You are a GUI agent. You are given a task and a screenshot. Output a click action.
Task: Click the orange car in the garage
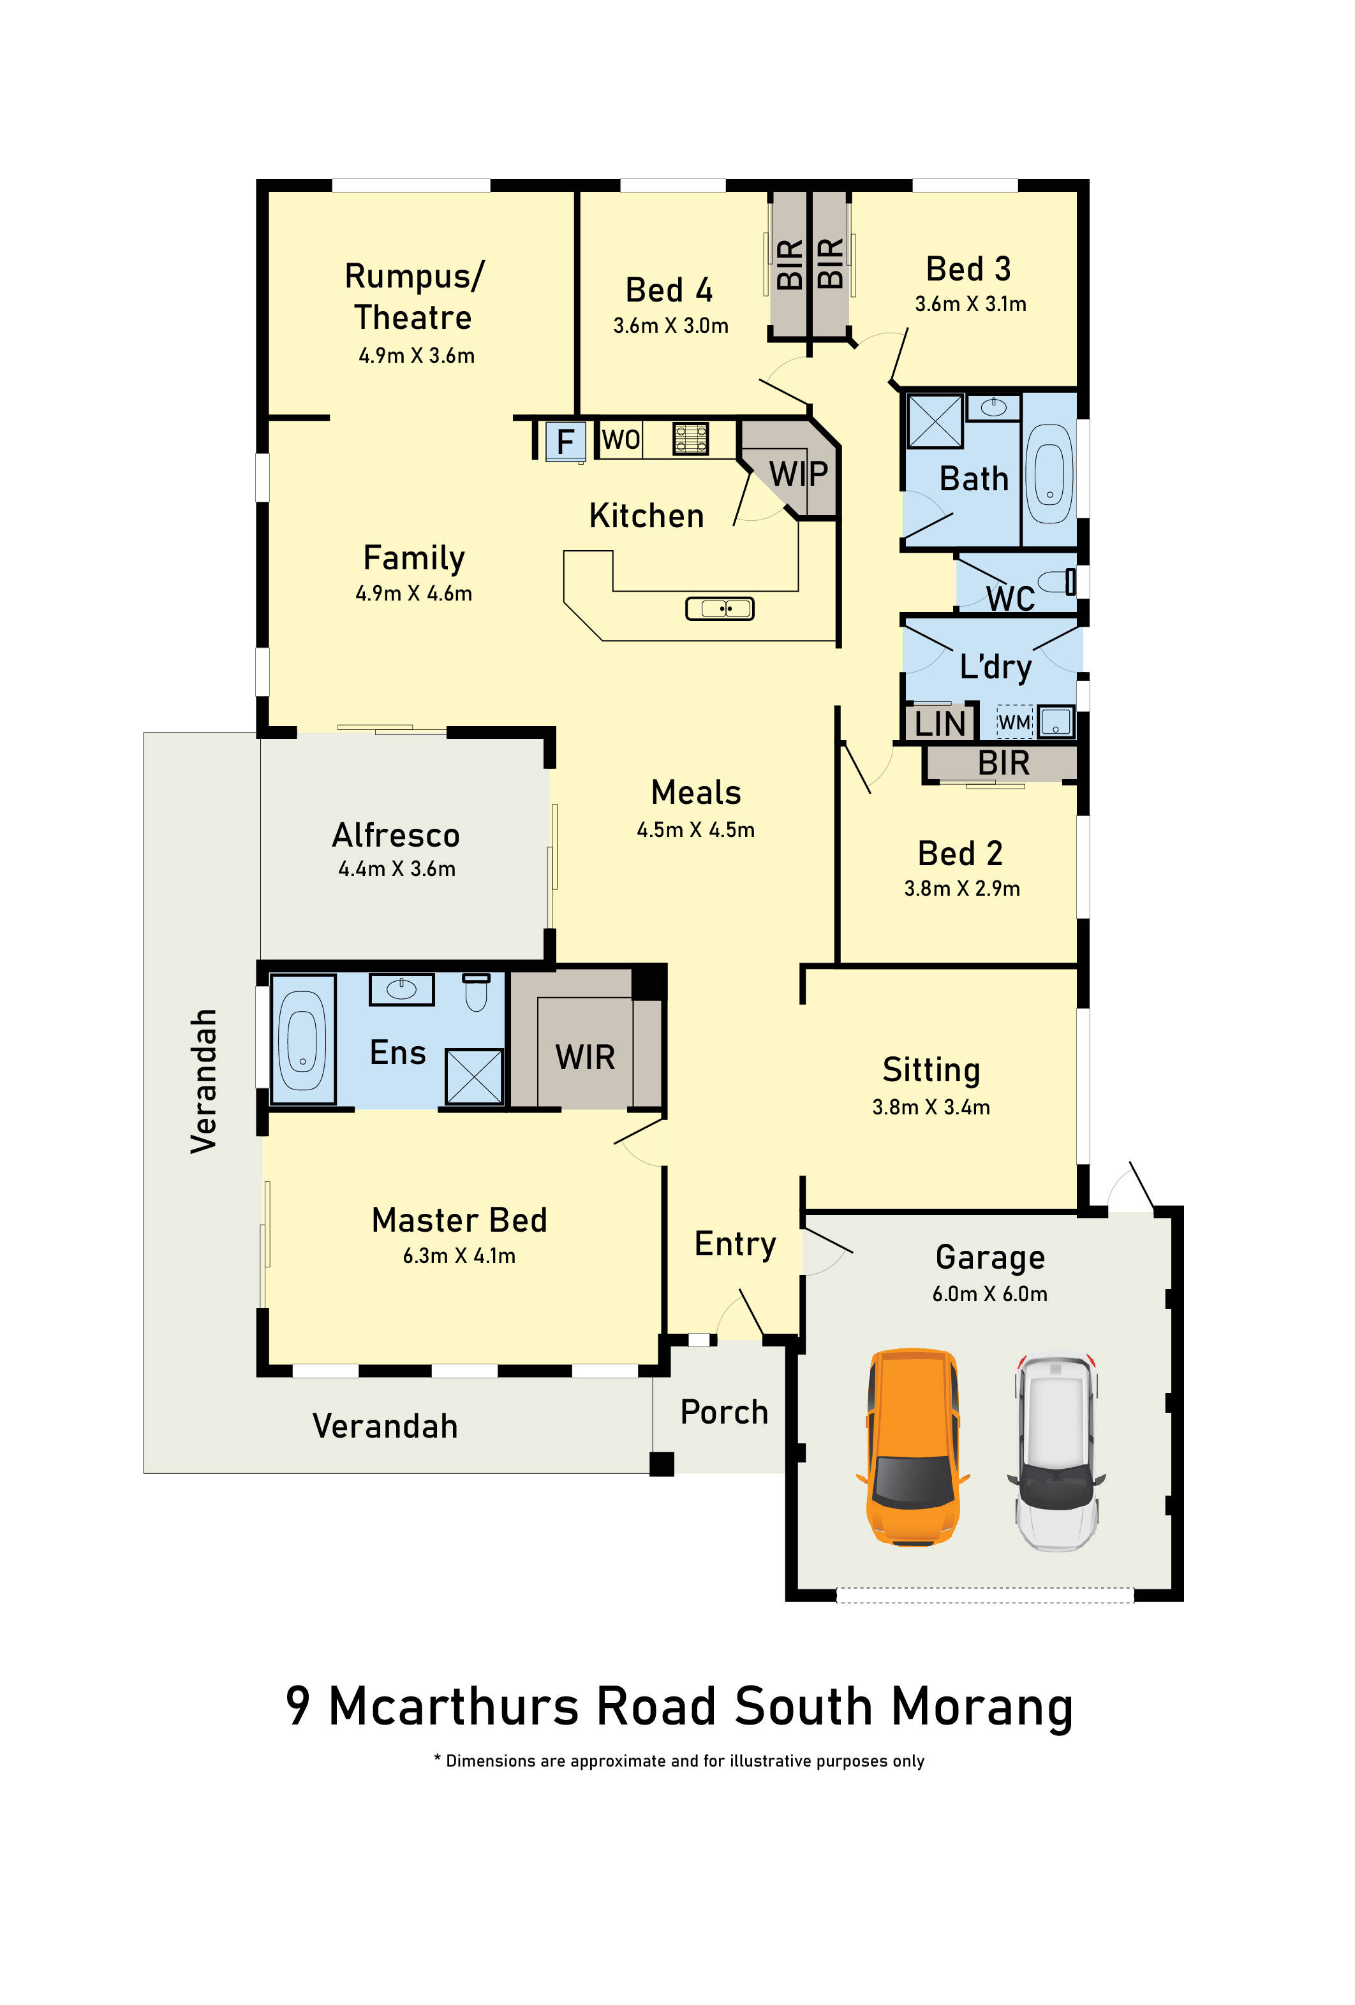point(912,1445)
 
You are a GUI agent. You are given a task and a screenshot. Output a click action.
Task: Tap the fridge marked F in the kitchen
point(565,441)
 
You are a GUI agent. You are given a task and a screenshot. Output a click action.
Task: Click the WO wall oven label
point(621,439)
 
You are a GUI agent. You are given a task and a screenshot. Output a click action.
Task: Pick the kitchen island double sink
point(720,609)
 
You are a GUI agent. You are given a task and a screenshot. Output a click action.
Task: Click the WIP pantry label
point(798,473)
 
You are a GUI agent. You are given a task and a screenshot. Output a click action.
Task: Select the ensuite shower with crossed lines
point(474,1076)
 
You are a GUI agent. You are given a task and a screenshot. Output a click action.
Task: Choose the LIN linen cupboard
point(940,723)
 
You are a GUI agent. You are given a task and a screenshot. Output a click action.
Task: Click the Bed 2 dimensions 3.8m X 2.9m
point(961,889)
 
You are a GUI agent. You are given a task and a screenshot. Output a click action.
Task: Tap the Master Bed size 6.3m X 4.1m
point(459,1255)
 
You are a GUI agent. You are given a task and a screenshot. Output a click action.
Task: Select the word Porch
point(724,1412)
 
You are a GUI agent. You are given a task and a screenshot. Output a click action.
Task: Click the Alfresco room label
point(396,835)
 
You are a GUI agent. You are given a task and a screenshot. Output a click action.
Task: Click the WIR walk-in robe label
point(585,1057)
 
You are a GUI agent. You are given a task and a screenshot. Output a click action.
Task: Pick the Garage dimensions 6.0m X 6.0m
point(990,1294)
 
